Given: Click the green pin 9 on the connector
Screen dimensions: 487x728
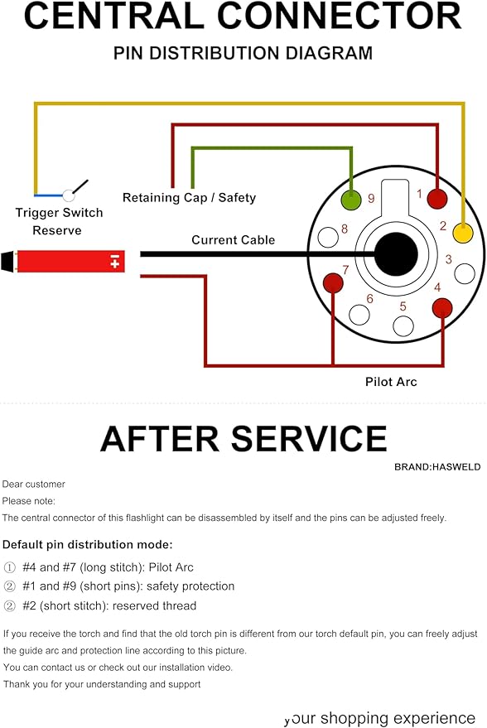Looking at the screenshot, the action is (351, 200).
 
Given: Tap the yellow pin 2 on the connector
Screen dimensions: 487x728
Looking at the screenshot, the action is (463, 233).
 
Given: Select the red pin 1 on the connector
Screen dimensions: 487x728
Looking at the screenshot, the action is (436, 199).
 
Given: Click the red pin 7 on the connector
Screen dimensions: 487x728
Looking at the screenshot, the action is (333, 282).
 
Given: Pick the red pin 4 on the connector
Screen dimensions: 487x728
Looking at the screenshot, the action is (442, 308).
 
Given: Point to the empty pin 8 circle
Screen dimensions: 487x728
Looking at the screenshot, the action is (328, 237).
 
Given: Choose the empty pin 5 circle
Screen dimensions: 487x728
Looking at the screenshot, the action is (403, 326).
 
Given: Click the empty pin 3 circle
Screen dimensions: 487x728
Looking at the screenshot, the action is (465, 273).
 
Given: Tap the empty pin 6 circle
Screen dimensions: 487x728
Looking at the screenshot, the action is (359, 315).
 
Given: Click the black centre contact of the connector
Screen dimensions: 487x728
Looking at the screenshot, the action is (396, 254).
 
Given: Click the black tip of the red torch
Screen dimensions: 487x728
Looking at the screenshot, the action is (7, 262).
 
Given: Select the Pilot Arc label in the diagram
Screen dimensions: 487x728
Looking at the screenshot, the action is (391, 382).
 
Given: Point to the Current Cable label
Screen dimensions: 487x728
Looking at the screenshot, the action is (233, 240).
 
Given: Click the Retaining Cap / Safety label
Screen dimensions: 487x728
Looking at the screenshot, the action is (189, 198).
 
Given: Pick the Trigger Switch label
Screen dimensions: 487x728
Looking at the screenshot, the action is (59, 213).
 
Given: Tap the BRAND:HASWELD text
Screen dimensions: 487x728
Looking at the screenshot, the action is (437, 467).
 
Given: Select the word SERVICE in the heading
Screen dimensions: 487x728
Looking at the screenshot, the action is (309, 439).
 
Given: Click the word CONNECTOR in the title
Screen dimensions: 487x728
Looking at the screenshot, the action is (340, 16).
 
